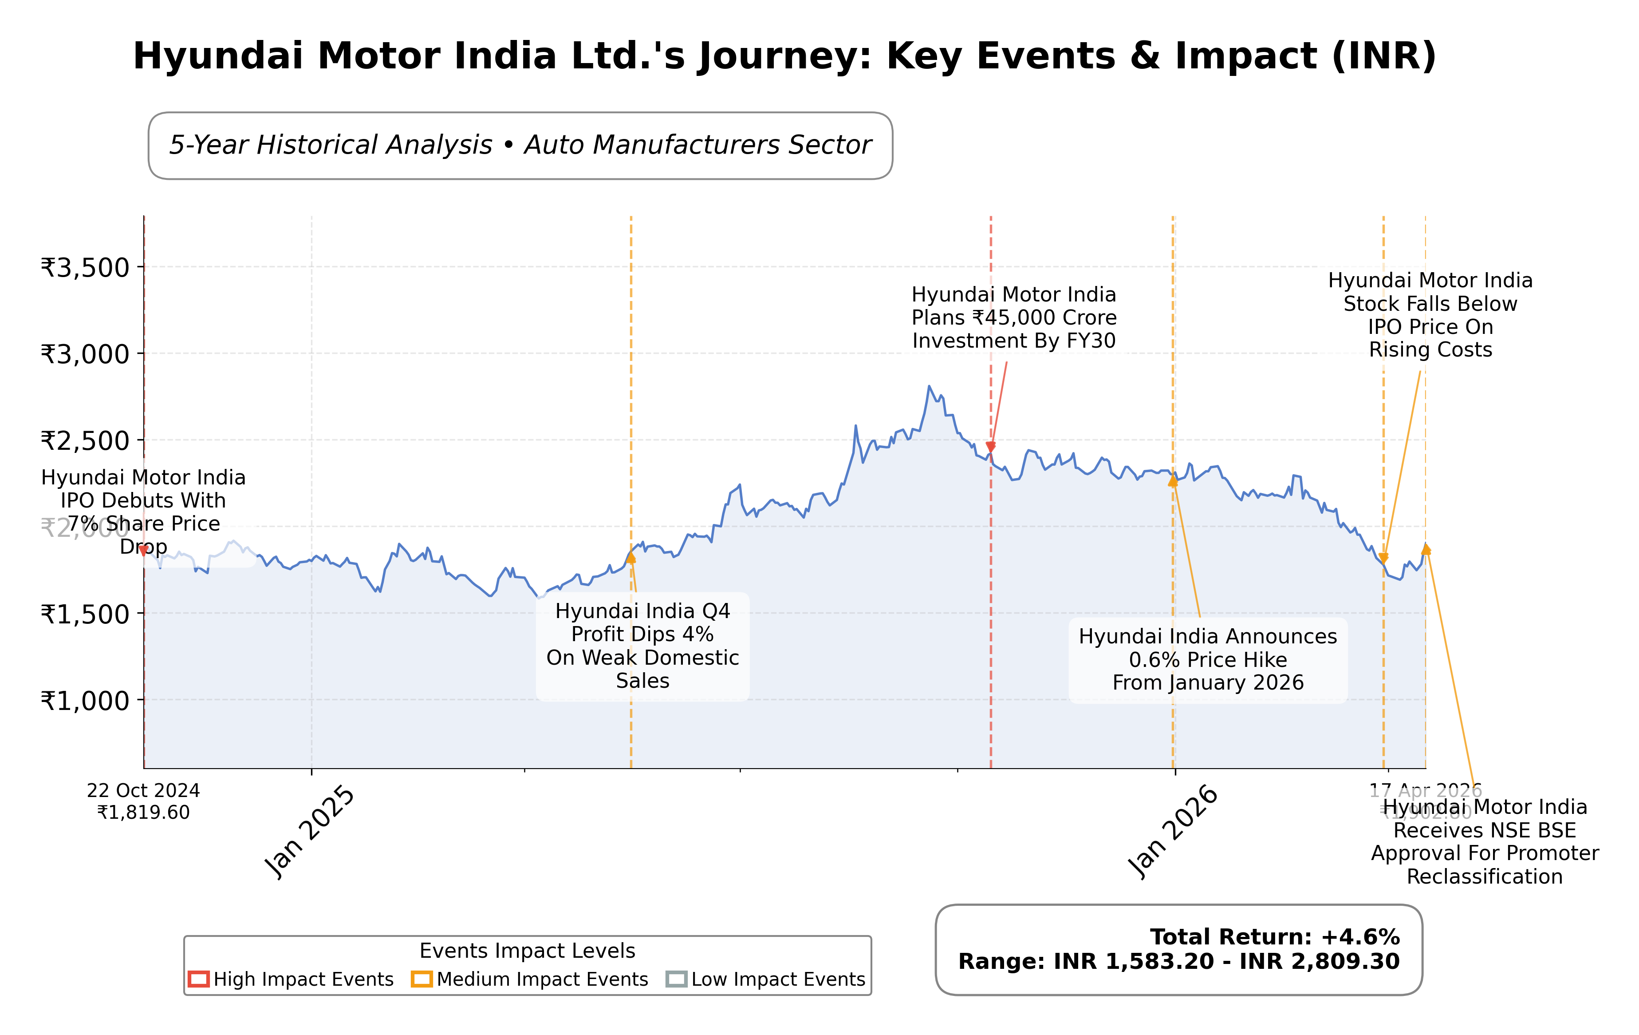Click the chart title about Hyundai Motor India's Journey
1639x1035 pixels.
point(784,56)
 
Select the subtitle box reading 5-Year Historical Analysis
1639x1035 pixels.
point(520,146)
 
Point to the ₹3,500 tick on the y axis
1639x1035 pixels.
point(85,268)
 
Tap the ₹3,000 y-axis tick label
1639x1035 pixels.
point(85,354)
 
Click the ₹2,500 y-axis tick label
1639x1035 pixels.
point(85,440)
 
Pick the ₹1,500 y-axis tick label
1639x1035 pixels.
point(85,614)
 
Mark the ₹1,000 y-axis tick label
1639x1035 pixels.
point(85,701)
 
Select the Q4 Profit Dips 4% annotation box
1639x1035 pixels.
point(642,646)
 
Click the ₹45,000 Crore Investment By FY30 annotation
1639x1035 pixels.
point(1013,317)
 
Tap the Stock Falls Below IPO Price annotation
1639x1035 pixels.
point(1430,315)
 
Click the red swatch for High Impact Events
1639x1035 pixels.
point(199,979)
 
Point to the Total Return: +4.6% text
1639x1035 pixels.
point(1274,937)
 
